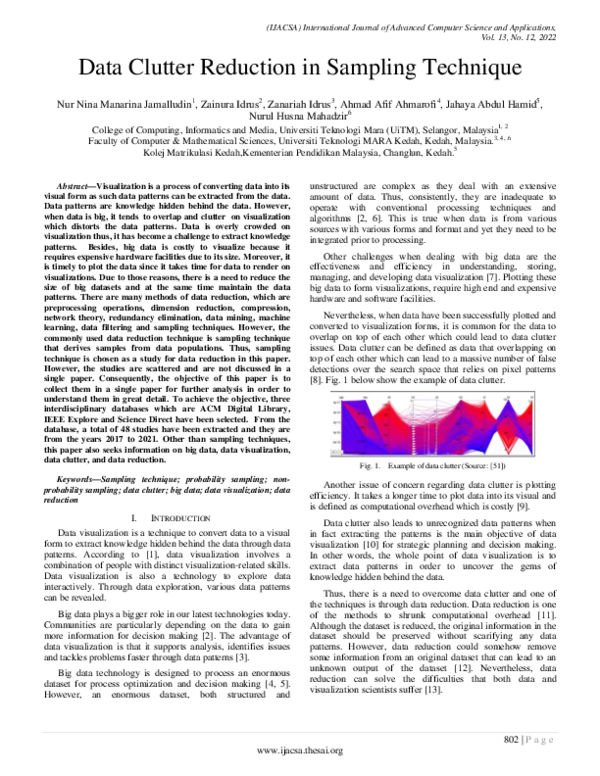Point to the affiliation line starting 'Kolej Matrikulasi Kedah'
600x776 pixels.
tap(300, 153)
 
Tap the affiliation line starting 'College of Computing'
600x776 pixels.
tap(300, 129)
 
